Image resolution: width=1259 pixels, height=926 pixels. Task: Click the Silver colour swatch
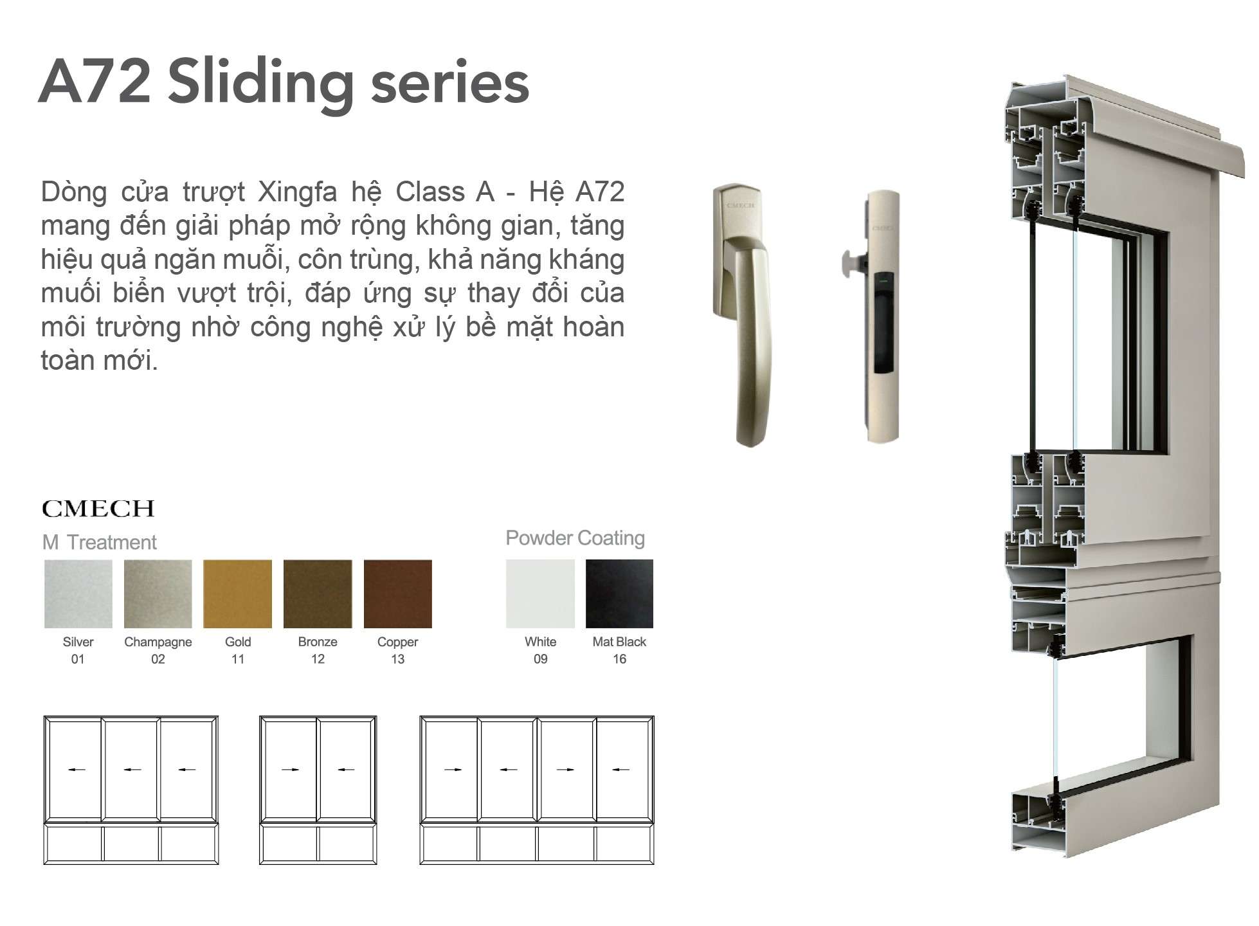coord(78,594)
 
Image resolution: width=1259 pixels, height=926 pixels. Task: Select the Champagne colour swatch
coord(158,594)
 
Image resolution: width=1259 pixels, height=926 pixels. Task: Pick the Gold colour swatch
coord(238,594)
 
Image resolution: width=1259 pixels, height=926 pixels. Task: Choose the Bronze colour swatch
coord(318,594)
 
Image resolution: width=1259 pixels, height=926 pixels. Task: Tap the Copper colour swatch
coord(398,594)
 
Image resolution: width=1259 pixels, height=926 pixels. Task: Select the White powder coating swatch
coord(540,594)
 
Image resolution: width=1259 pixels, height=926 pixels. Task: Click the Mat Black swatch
coord(619,594)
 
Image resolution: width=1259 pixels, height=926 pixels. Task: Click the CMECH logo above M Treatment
coord(98,509)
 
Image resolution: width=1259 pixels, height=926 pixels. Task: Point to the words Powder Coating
coord(575,538)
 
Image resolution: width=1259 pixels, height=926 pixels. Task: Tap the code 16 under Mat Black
coord(619,659)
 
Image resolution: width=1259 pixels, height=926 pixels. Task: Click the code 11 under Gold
coord(238,659)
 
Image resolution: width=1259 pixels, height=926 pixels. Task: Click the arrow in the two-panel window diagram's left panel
coord(291,769)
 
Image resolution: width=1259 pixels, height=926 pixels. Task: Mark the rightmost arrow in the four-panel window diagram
coord(620,769)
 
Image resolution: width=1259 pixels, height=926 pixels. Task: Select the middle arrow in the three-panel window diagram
coord(132,769)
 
